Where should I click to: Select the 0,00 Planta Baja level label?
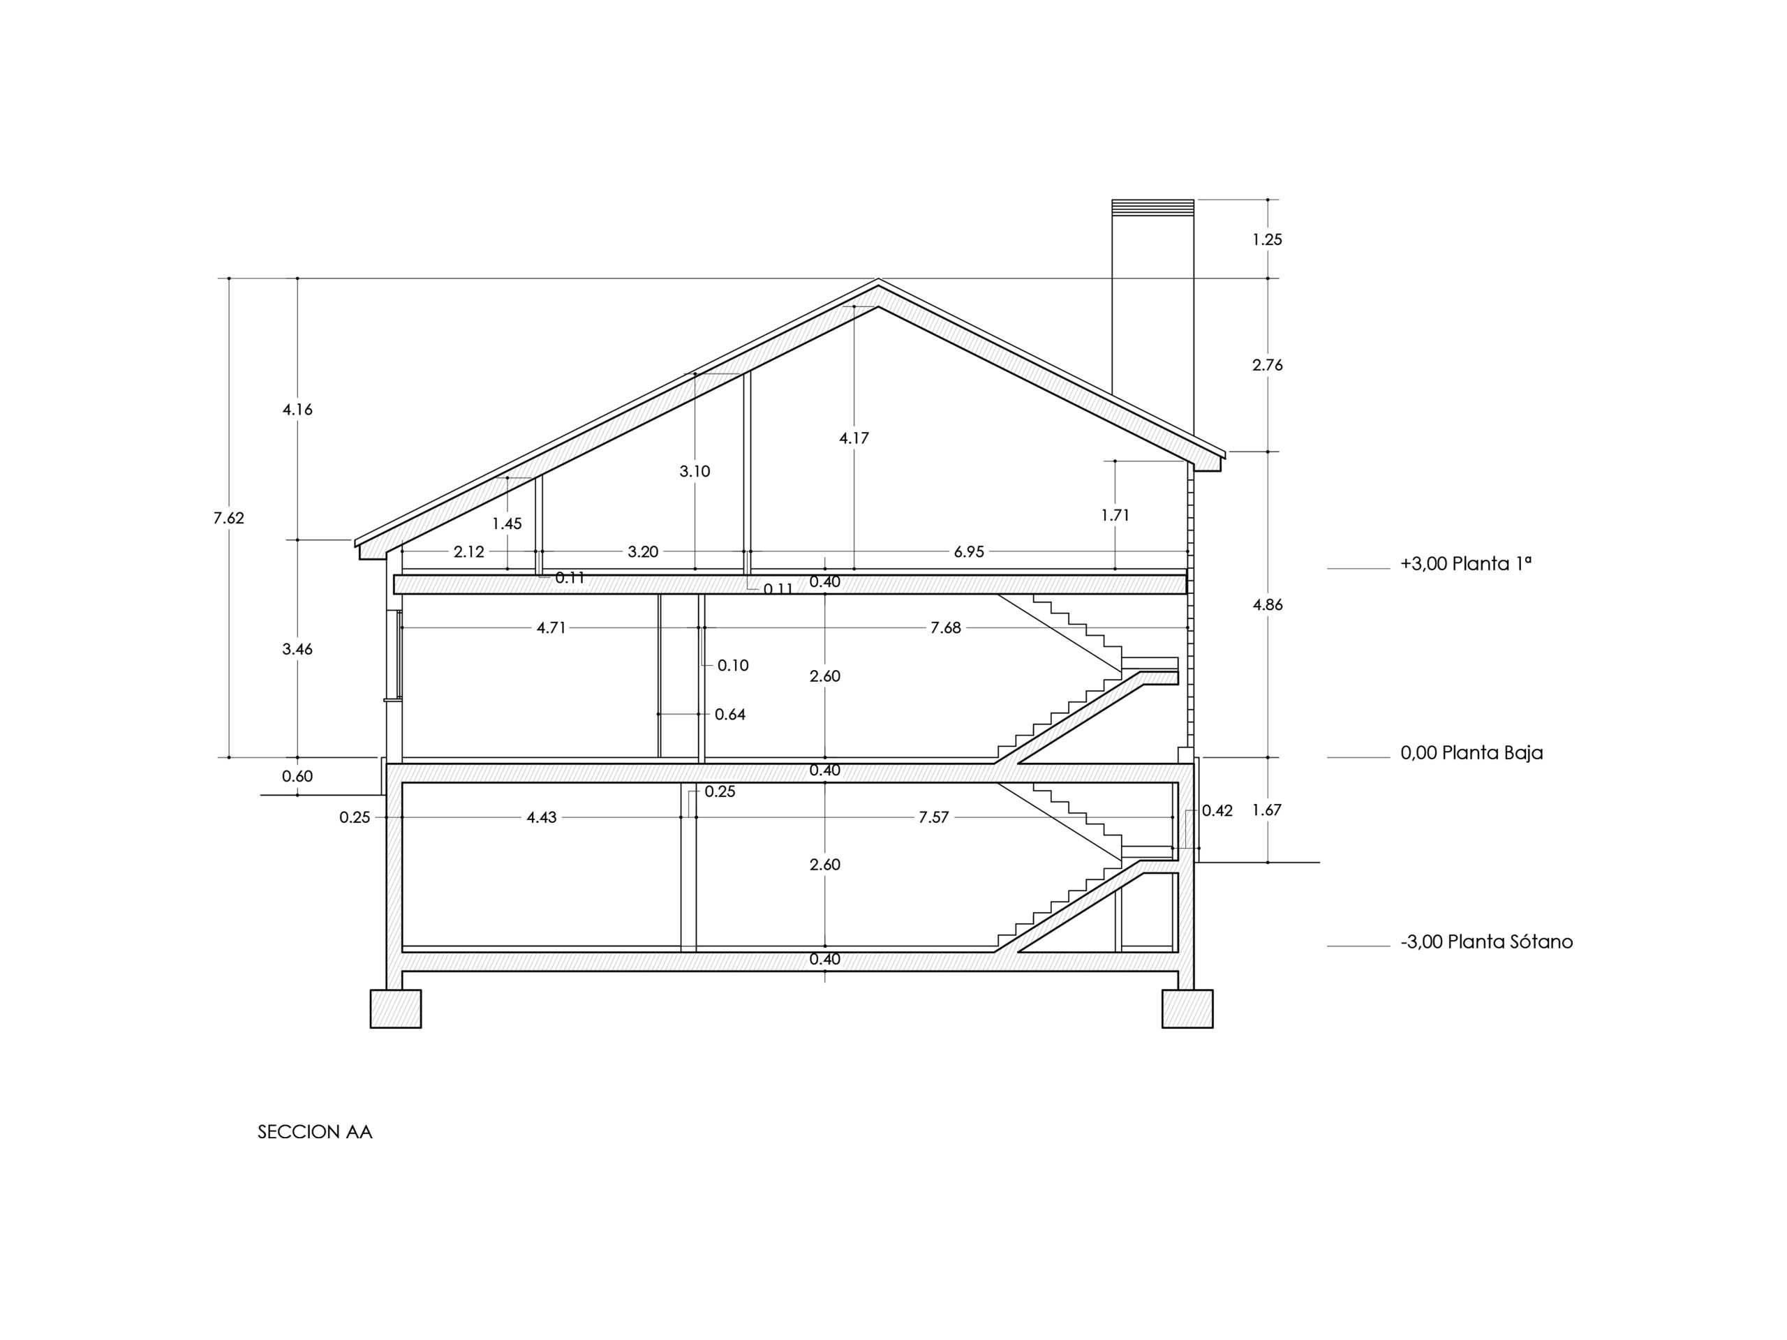[1471, 753]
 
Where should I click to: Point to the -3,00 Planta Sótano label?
[1486, 941]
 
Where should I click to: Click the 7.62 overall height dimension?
[229, 519]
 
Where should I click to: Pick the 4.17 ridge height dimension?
[854, 438]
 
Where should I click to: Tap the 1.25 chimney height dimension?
[1268, 240]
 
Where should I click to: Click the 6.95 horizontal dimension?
[970, 551]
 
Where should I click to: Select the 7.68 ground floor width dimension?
[946, 627]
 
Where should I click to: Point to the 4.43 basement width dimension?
[541, 817]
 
